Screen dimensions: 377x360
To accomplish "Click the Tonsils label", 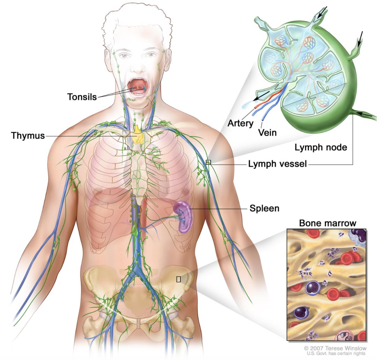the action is click(82, 97).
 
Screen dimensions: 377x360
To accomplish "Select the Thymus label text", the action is click(28, 136).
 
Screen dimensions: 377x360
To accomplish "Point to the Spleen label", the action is click(265, 208).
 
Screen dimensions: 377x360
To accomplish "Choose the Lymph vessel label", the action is click(278, 164).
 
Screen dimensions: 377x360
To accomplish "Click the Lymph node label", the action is click(321, 147).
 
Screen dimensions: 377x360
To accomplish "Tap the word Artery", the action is click(241, 123).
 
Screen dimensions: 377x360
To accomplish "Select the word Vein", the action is click(267, 132).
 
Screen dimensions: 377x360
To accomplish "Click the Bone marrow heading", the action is click(327, 223).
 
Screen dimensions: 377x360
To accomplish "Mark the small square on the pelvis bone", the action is click(179, 279).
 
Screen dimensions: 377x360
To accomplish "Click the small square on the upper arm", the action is click(208, 162).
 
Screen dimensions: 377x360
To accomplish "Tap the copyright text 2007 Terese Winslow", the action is click(335, 348).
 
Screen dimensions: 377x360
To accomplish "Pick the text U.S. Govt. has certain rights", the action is click(336, 353).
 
